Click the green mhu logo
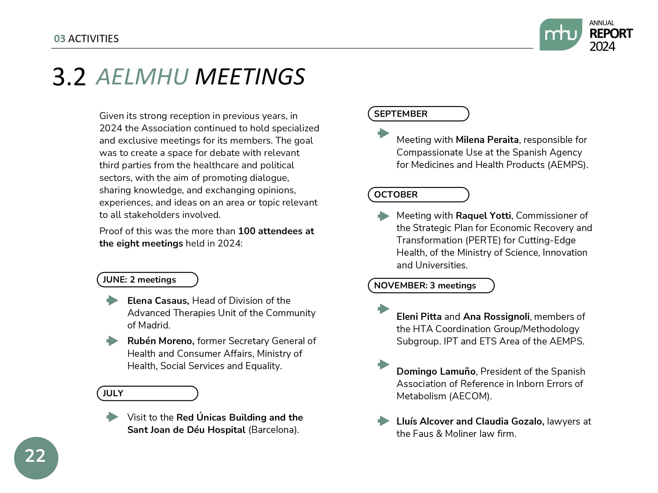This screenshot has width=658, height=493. (560, 35)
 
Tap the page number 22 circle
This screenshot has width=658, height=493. (36, 458)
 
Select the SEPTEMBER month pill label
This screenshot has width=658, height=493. (418, 114)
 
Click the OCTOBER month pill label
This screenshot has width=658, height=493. (418, 195)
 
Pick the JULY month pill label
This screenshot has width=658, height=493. (147, 393)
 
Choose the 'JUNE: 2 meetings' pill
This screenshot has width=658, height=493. (147, 280)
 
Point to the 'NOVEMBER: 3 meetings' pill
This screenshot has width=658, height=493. (431, 286)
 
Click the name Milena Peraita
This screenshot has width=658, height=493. (487, 140)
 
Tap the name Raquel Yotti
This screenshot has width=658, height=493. (483, 216)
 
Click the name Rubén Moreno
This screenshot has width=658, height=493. (160, 341)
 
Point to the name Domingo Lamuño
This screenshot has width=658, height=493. (436, 372)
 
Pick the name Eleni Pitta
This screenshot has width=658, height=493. (419, 317)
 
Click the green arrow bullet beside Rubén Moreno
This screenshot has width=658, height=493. (112, 341)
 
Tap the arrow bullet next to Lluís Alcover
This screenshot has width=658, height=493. (384, 421)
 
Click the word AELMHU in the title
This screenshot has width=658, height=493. (142, 77)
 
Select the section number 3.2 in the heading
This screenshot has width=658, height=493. (69, 77)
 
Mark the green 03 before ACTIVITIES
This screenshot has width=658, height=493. (60, 39)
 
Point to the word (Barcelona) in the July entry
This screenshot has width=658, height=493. (273, 430)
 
